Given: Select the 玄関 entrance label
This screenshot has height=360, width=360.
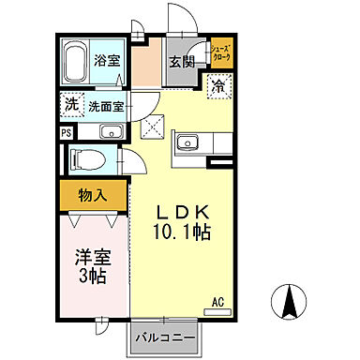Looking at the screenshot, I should pos(181,62).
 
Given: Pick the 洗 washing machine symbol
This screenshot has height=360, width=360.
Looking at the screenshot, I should pos(71,106).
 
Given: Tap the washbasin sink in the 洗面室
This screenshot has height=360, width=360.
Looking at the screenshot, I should pos(109,130).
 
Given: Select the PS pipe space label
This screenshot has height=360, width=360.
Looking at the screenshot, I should pos(65,132).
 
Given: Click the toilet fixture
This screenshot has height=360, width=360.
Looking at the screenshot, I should pos(85,158).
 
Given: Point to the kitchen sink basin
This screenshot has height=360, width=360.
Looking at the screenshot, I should pos(187,143).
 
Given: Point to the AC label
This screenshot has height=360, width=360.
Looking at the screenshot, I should pos(217,302).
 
